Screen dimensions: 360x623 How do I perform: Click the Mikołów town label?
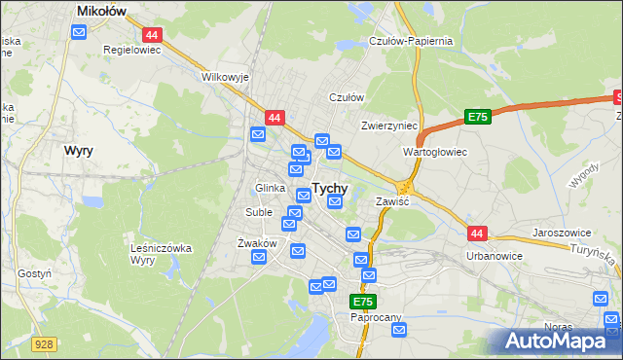click(104, 11)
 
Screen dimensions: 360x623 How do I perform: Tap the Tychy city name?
click(330, 189)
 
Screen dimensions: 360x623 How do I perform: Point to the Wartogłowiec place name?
click(435, 153)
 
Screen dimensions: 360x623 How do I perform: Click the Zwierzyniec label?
click(388, 126)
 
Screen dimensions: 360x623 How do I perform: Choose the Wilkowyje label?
click(225, 76)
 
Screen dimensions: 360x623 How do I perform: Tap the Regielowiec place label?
click(131, 49)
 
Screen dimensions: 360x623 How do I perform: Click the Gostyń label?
click(34, 274)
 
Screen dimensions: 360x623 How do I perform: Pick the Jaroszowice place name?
click(563, 234)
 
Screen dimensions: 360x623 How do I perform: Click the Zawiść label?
click(391, 200)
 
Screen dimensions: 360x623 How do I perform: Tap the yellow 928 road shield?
click(43, 344)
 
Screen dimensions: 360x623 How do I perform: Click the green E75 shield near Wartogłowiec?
click(476, 117)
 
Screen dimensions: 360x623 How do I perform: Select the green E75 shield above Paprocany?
click(363, 303)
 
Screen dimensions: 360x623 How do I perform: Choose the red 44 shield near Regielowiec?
click(158, 34)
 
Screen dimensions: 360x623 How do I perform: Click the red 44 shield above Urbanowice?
click(476, 234)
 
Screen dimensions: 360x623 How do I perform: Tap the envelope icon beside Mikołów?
click(80, 32)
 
